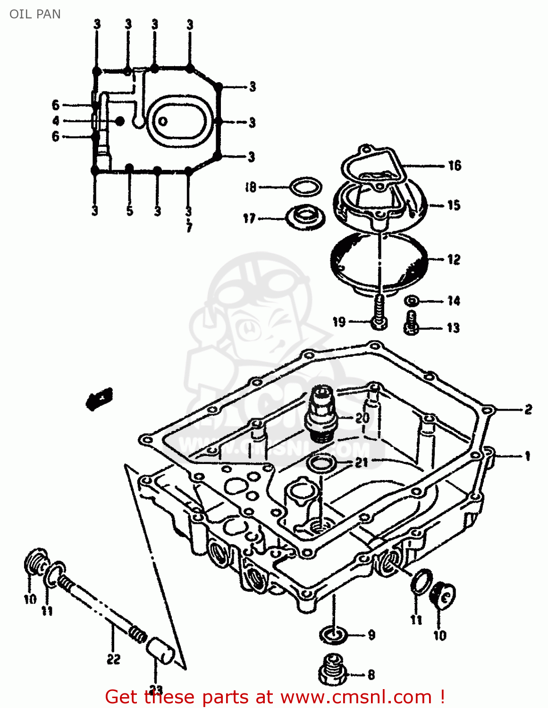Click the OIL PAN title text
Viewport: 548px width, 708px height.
[x=35, y=14]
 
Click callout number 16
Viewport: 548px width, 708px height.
[x=454, y=166]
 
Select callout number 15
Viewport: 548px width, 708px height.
[x=454, y=205]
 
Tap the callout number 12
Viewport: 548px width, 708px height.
[x=454, y=260]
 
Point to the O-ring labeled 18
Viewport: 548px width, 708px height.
[x=305, y=187]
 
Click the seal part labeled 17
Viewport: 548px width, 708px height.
[x=306, y=218]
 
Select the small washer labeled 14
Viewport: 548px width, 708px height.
[x=412, y=301]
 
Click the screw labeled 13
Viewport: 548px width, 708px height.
[x=411, y=324]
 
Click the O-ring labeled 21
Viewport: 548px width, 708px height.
[x=321, y=463]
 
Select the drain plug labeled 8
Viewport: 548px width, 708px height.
[x=333, y=669]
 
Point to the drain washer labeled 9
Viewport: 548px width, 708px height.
[x=333, y=634]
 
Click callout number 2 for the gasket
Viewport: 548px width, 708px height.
[x=528, y=409]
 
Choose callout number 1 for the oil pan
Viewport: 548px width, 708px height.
[x=527, y=456]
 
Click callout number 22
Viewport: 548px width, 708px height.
[x=113, y=659]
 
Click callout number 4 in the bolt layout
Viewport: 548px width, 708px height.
[x=56, y=121]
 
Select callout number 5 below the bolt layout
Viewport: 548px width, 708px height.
[x=129, y=211]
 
